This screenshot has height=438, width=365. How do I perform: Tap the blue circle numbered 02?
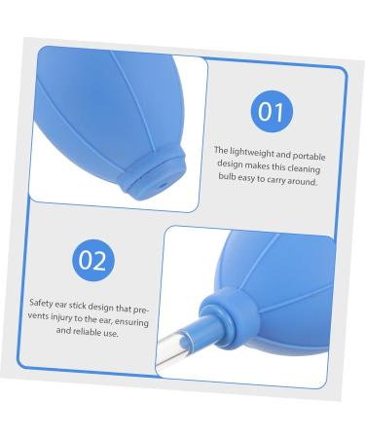[x=93, y=260]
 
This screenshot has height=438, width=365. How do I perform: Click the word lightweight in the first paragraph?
[x=248, y=151]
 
